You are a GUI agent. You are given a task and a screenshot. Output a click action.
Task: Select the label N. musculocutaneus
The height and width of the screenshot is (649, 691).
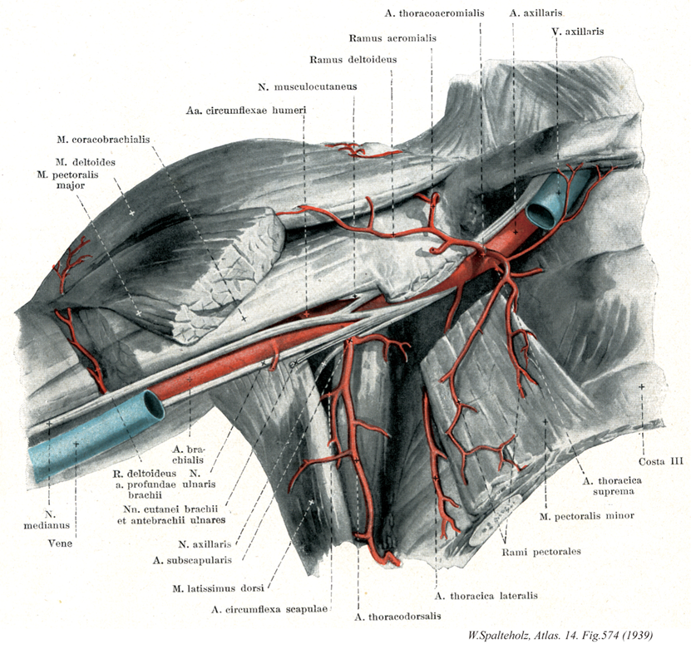coord(308,86)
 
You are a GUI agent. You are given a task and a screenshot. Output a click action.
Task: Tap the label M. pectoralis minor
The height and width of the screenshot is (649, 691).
coord(586,516)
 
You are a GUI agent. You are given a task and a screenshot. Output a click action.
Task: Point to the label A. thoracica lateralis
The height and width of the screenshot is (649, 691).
coord(486,596)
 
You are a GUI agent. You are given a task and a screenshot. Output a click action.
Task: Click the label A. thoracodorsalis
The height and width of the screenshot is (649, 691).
coord(397,617)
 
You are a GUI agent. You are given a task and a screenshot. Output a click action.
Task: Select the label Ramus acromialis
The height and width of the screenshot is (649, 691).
coord(393,38)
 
